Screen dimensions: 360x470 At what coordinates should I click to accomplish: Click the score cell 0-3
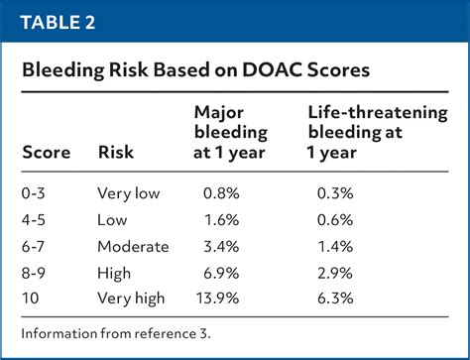coord(37,194)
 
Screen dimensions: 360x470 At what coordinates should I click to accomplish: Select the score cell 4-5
coord(37,220)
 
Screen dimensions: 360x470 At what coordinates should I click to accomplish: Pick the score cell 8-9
coord(37,272)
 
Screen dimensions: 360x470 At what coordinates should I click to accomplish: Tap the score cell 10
coord(32,298)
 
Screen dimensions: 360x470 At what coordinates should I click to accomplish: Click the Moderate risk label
coord(133,246)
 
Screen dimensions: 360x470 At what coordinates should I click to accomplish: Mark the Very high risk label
coord(133,298)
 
